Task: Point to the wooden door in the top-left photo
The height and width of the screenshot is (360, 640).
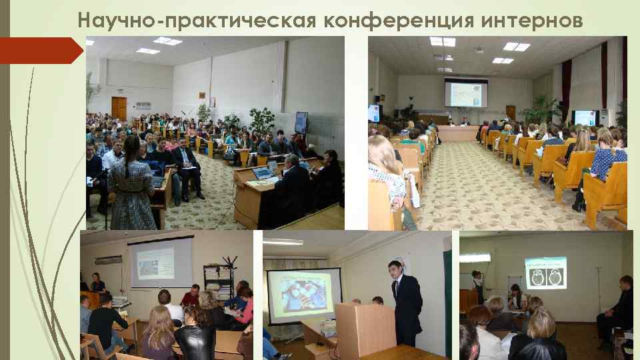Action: click(x=119, y=107)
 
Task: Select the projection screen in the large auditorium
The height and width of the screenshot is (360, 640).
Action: click(x=466, y=93)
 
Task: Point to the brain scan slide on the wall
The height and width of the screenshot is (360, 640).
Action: click(x=545, y=273)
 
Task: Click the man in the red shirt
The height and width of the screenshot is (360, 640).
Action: click(x=191, y=296)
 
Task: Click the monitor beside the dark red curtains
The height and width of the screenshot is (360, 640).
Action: click(x=585, y=118)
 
